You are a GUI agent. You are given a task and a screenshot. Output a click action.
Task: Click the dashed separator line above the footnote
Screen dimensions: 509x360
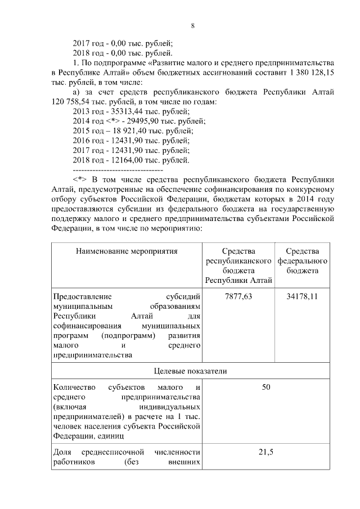118,169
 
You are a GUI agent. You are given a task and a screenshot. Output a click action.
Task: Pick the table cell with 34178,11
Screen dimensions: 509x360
302,296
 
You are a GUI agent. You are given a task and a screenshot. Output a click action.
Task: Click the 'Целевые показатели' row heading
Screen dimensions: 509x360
190,371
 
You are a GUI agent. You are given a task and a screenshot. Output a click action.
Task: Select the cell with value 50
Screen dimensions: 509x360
266,388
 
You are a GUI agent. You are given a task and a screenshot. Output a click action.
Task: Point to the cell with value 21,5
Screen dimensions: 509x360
266,453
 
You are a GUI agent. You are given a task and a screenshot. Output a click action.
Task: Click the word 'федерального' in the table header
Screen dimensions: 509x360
302,261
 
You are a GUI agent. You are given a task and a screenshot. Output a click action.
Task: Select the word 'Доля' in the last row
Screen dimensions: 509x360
62,453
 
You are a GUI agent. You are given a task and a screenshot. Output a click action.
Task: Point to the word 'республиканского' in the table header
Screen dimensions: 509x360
238,261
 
